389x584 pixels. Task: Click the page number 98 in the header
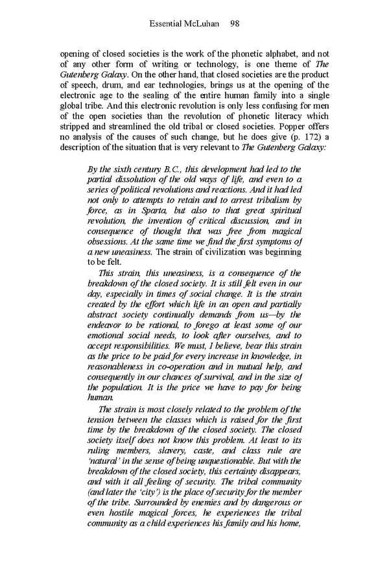coord(235,23)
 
